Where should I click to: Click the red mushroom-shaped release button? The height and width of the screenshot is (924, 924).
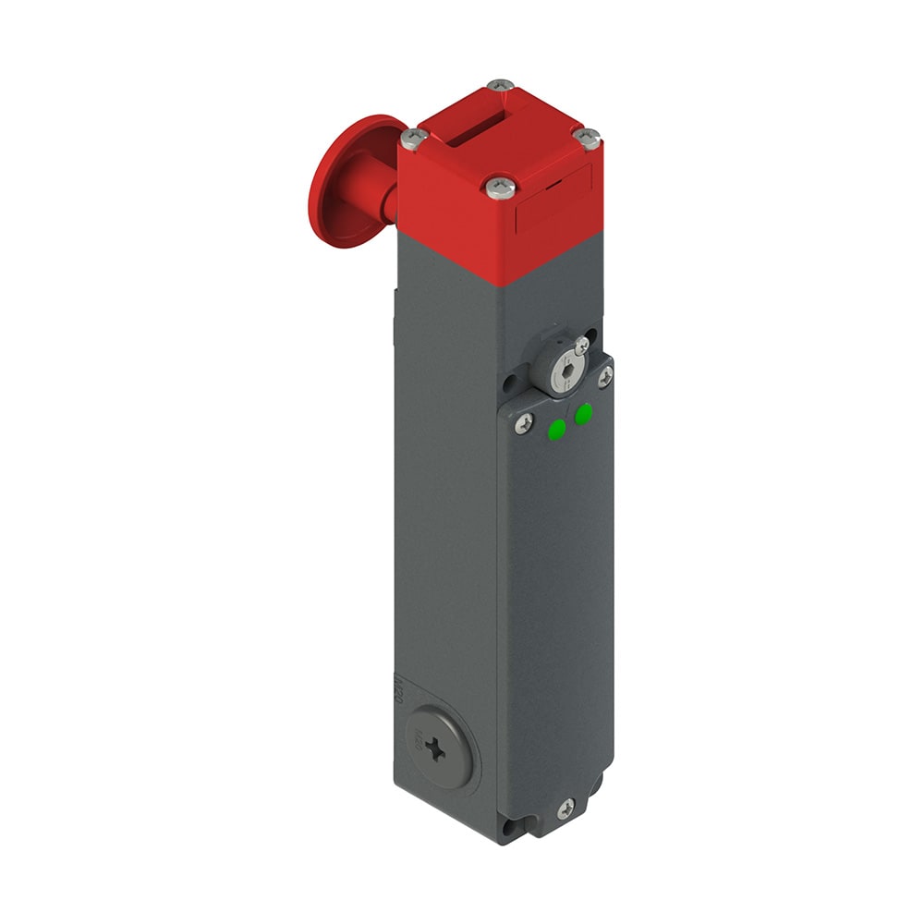click(x=340, y=180)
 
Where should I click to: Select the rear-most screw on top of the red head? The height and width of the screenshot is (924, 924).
click(x=500, y=86)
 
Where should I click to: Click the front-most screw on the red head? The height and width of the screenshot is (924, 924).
click(x=501, y=188)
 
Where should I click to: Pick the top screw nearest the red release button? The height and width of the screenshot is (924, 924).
click(x=414, y=139)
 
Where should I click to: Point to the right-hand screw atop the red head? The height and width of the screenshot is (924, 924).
click(x=587, y=138)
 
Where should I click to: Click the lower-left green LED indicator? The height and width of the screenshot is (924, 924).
click(x=557, y=429)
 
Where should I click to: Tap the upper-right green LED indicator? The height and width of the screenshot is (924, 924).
click(x=583, y=414)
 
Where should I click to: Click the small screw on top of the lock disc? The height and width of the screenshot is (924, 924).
click(x=580, y=346)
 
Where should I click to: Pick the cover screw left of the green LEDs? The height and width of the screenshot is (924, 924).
click(x=524, y=422)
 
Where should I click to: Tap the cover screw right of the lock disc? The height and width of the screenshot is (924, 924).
click(x=605, y=375)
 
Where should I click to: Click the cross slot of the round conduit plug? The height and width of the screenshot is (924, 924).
click(x=436, y=749)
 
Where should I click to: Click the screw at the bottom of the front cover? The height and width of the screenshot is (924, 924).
click(x=565, y=808)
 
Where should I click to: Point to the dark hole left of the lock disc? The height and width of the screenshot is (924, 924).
click(x=510, y=380)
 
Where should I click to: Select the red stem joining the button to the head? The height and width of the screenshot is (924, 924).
click(x=383, y=198)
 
